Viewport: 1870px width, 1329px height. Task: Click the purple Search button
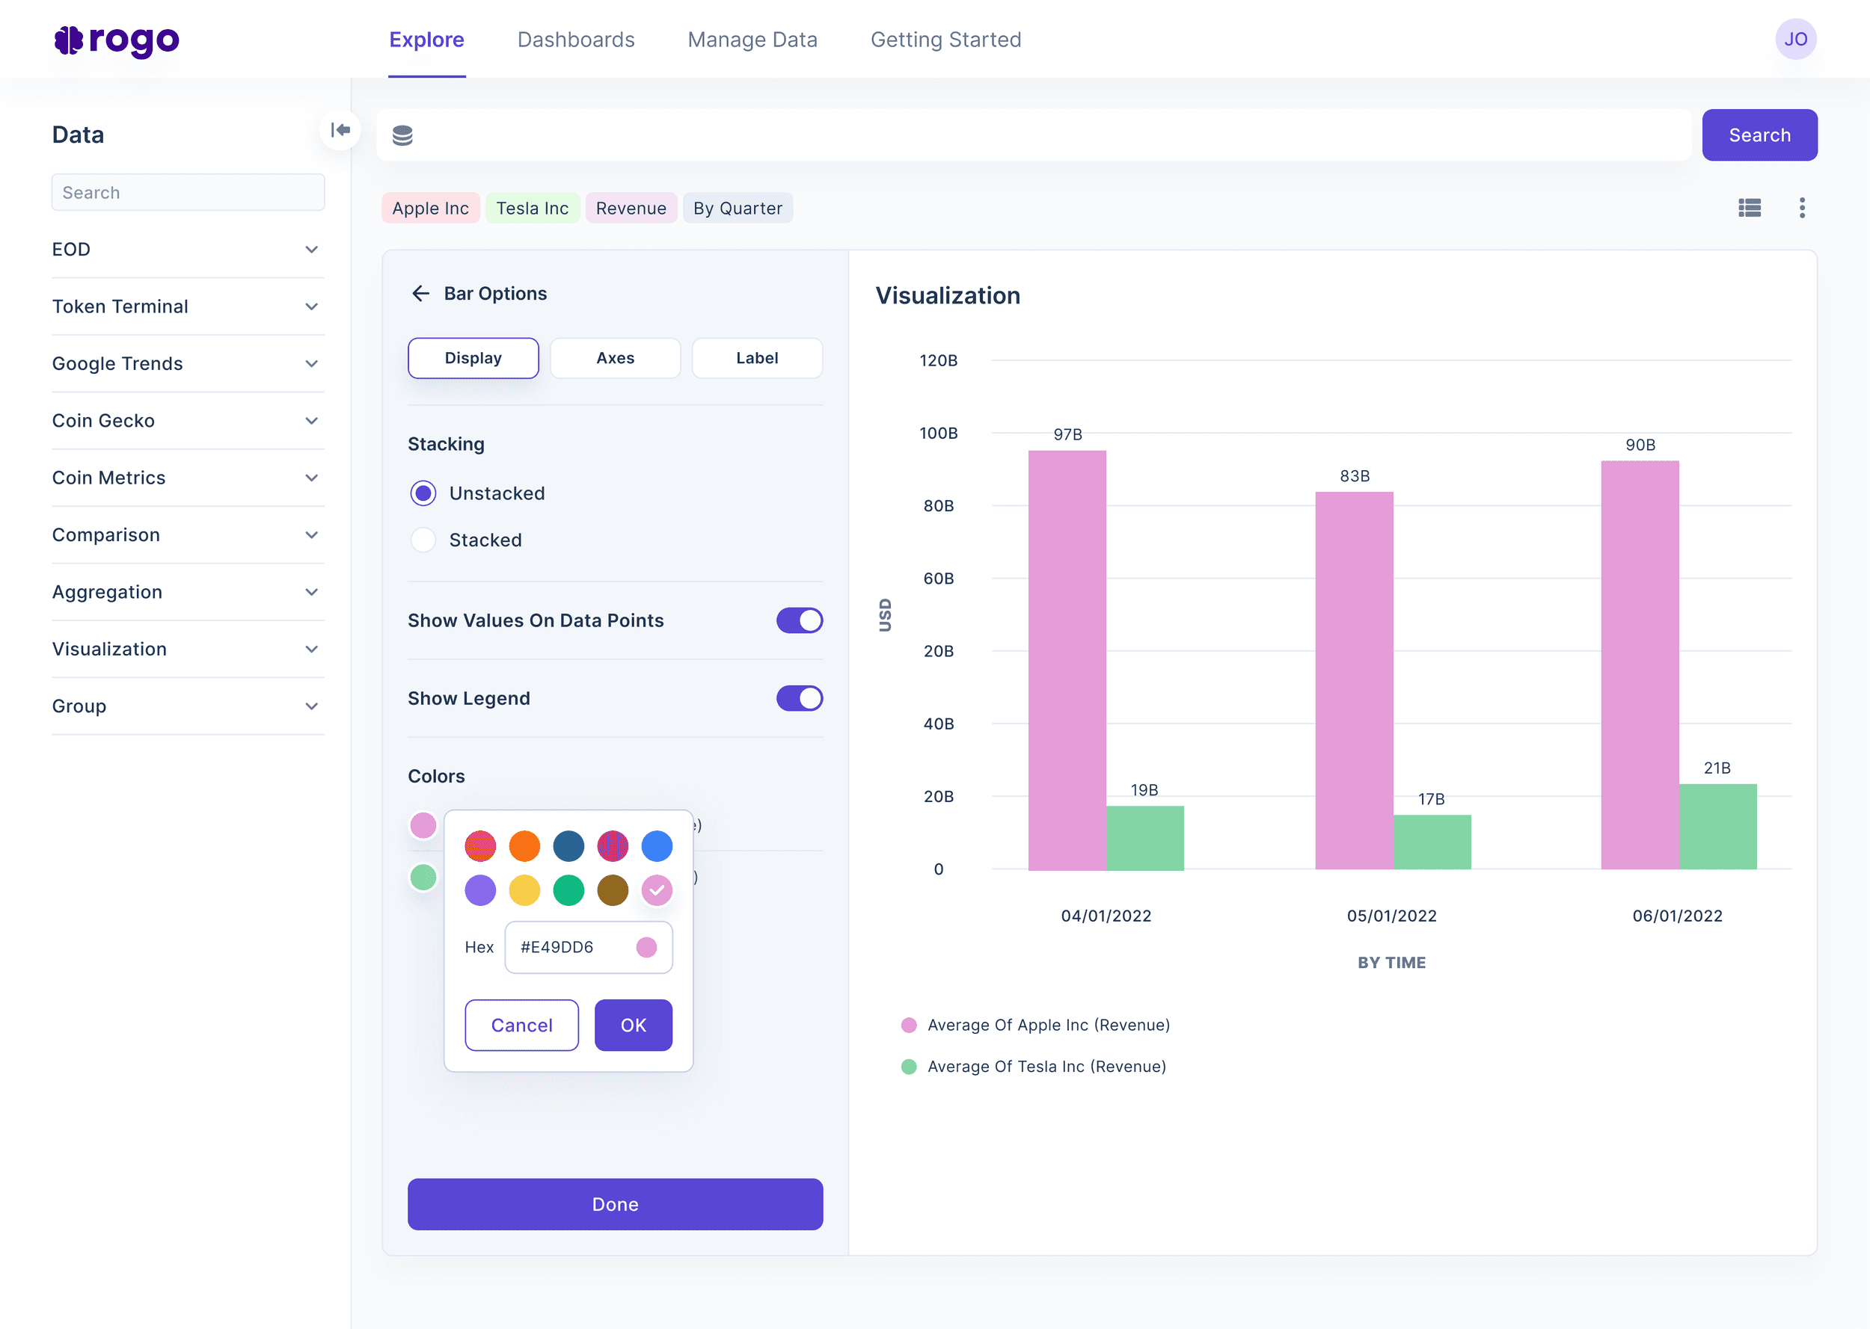(x=1759, y=135)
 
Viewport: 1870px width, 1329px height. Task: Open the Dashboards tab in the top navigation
(x=575, y=40)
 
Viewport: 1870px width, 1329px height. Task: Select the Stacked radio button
(x=423, y=540)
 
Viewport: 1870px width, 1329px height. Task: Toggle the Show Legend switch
(x=799, y=698)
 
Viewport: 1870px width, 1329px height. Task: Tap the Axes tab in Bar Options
(x=615, y=357)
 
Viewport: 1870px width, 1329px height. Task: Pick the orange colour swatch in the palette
(x=524, y=846)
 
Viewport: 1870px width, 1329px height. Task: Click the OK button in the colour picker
(x=633, y=1025)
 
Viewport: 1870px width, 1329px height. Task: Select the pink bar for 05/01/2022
(x=1353, y=679)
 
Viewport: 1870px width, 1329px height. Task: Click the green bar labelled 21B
(x=1717, y=826)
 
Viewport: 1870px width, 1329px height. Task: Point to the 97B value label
(x=1067, y=434)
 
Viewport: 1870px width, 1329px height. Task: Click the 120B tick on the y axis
(x=938, y=360)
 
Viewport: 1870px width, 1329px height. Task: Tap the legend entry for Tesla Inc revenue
(x=1046, y=1067)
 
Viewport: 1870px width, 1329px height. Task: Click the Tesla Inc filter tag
(x=532, y=208)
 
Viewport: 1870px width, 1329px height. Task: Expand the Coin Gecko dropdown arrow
(x=312, y=421)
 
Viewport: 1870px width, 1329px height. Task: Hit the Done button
(x=615, y=1203)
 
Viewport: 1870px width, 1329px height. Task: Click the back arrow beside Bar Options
(x=421, y=294)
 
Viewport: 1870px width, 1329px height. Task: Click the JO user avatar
(x=1794, y=40)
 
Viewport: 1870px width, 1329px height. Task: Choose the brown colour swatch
(x=613, y=890)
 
